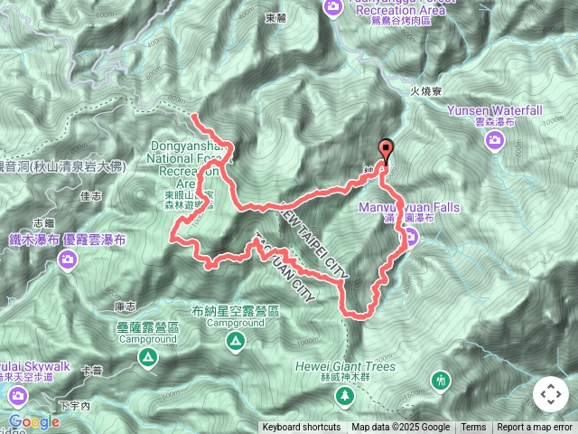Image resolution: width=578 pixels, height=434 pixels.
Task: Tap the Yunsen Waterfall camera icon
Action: (494, 140)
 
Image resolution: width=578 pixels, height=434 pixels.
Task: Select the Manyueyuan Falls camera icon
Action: (410, 237)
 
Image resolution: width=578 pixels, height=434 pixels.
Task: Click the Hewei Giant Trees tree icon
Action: (344, 396)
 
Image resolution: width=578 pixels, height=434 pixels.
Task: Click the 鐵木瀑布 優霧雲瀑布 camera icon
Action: (67, 260)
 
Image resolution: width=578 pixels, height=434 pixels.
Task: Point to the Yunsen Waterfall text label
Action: (494, 110)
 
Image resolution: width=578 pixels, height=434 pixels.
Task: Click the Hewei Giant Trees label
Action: (344, 367)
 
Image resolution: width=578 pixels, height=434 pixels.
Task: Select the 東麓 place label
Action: (276, 17)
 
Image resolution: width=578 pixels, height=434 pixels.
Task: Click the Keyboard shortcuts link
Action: (302, 428)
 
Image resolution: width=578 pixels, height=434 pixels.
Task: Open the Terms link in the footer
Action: (473, 428)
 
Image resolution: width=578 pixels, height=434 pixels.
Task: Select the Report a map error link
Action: (535, 428)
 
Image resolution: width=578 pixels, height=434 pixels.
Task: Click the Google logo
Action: (34, 422)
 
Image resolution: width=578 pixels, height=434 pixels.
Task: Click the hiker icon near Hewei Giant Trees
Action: (441, 379)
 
